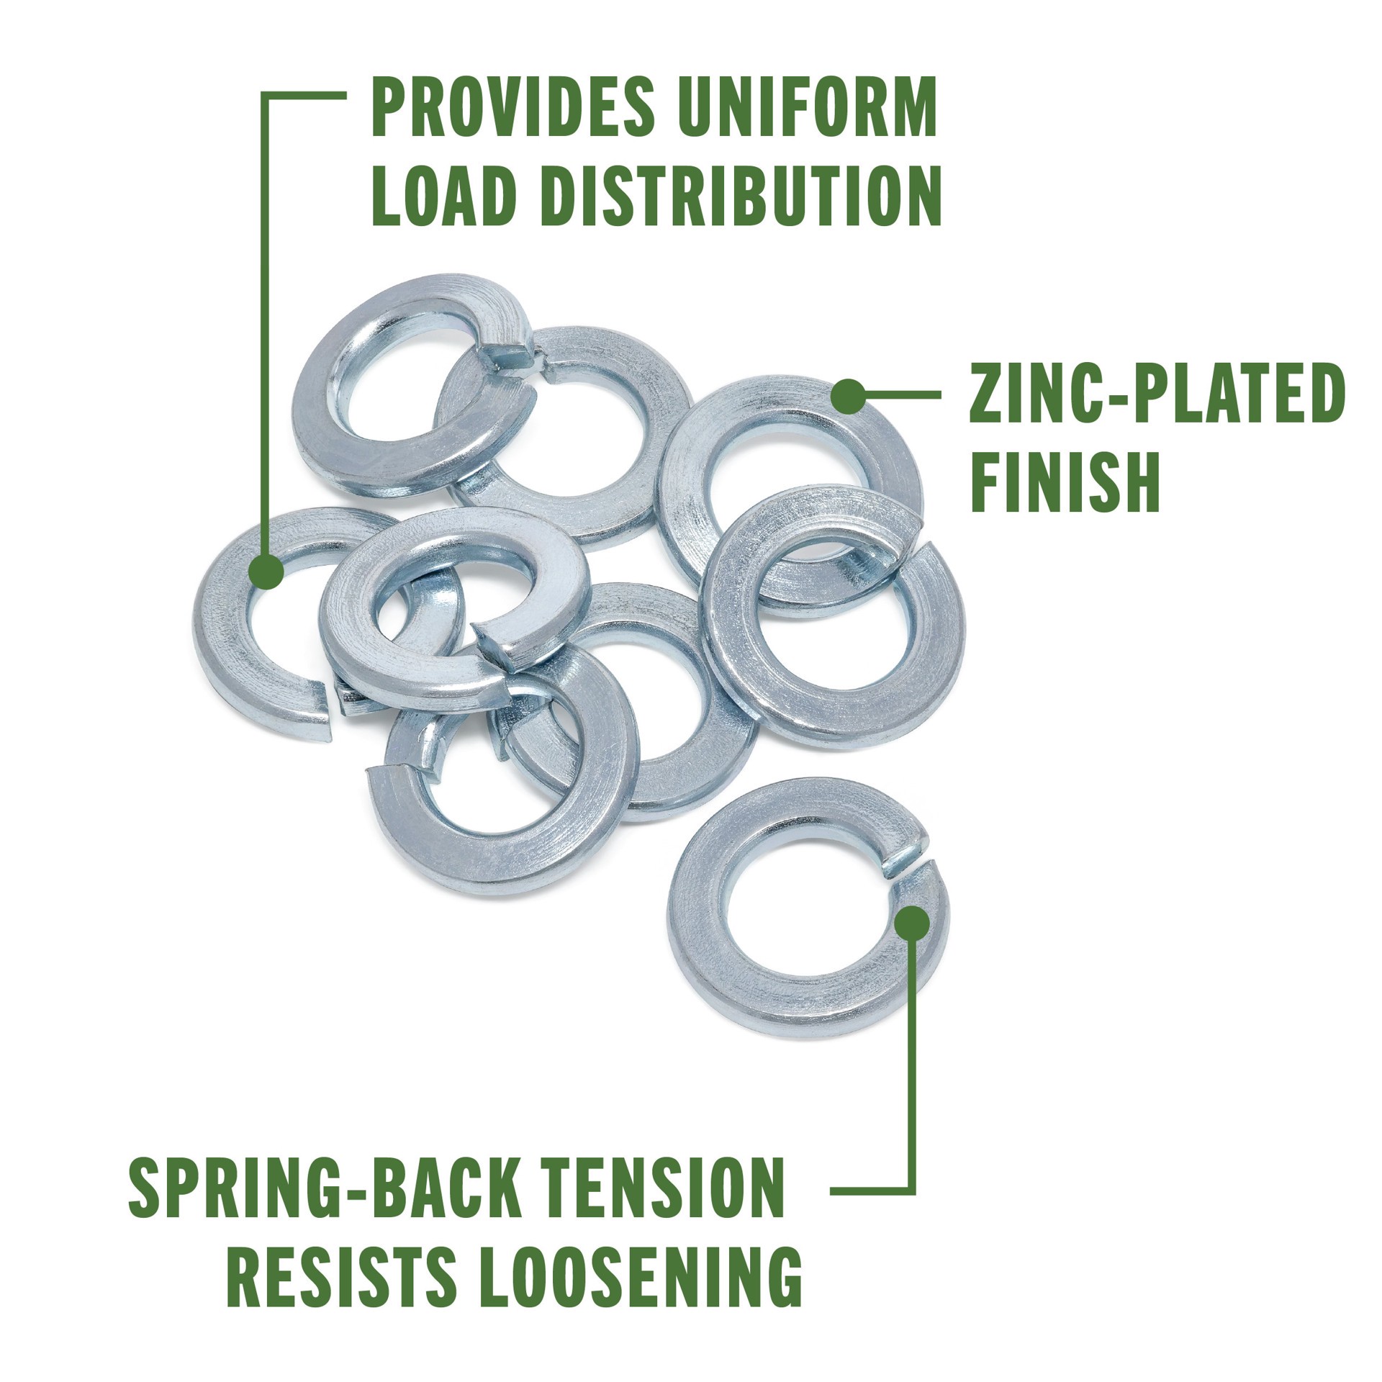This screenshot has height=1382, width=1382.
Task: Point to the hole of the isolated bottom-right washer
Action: pos(806,913)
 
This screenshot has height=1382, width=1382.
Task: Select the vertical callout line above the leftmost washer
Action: pos(266,324)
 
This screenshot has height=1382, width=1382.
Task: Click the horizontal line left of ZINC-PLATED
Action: pos(900,394)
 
